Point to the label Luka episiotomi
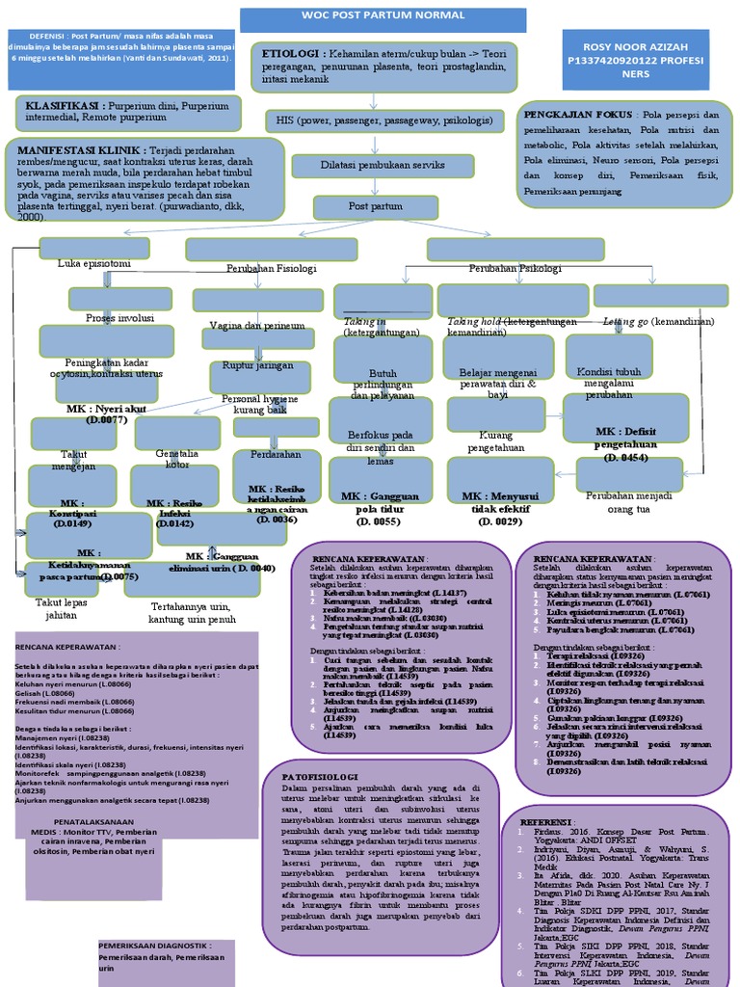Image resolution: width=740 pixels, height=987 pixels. click(94, 264)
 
